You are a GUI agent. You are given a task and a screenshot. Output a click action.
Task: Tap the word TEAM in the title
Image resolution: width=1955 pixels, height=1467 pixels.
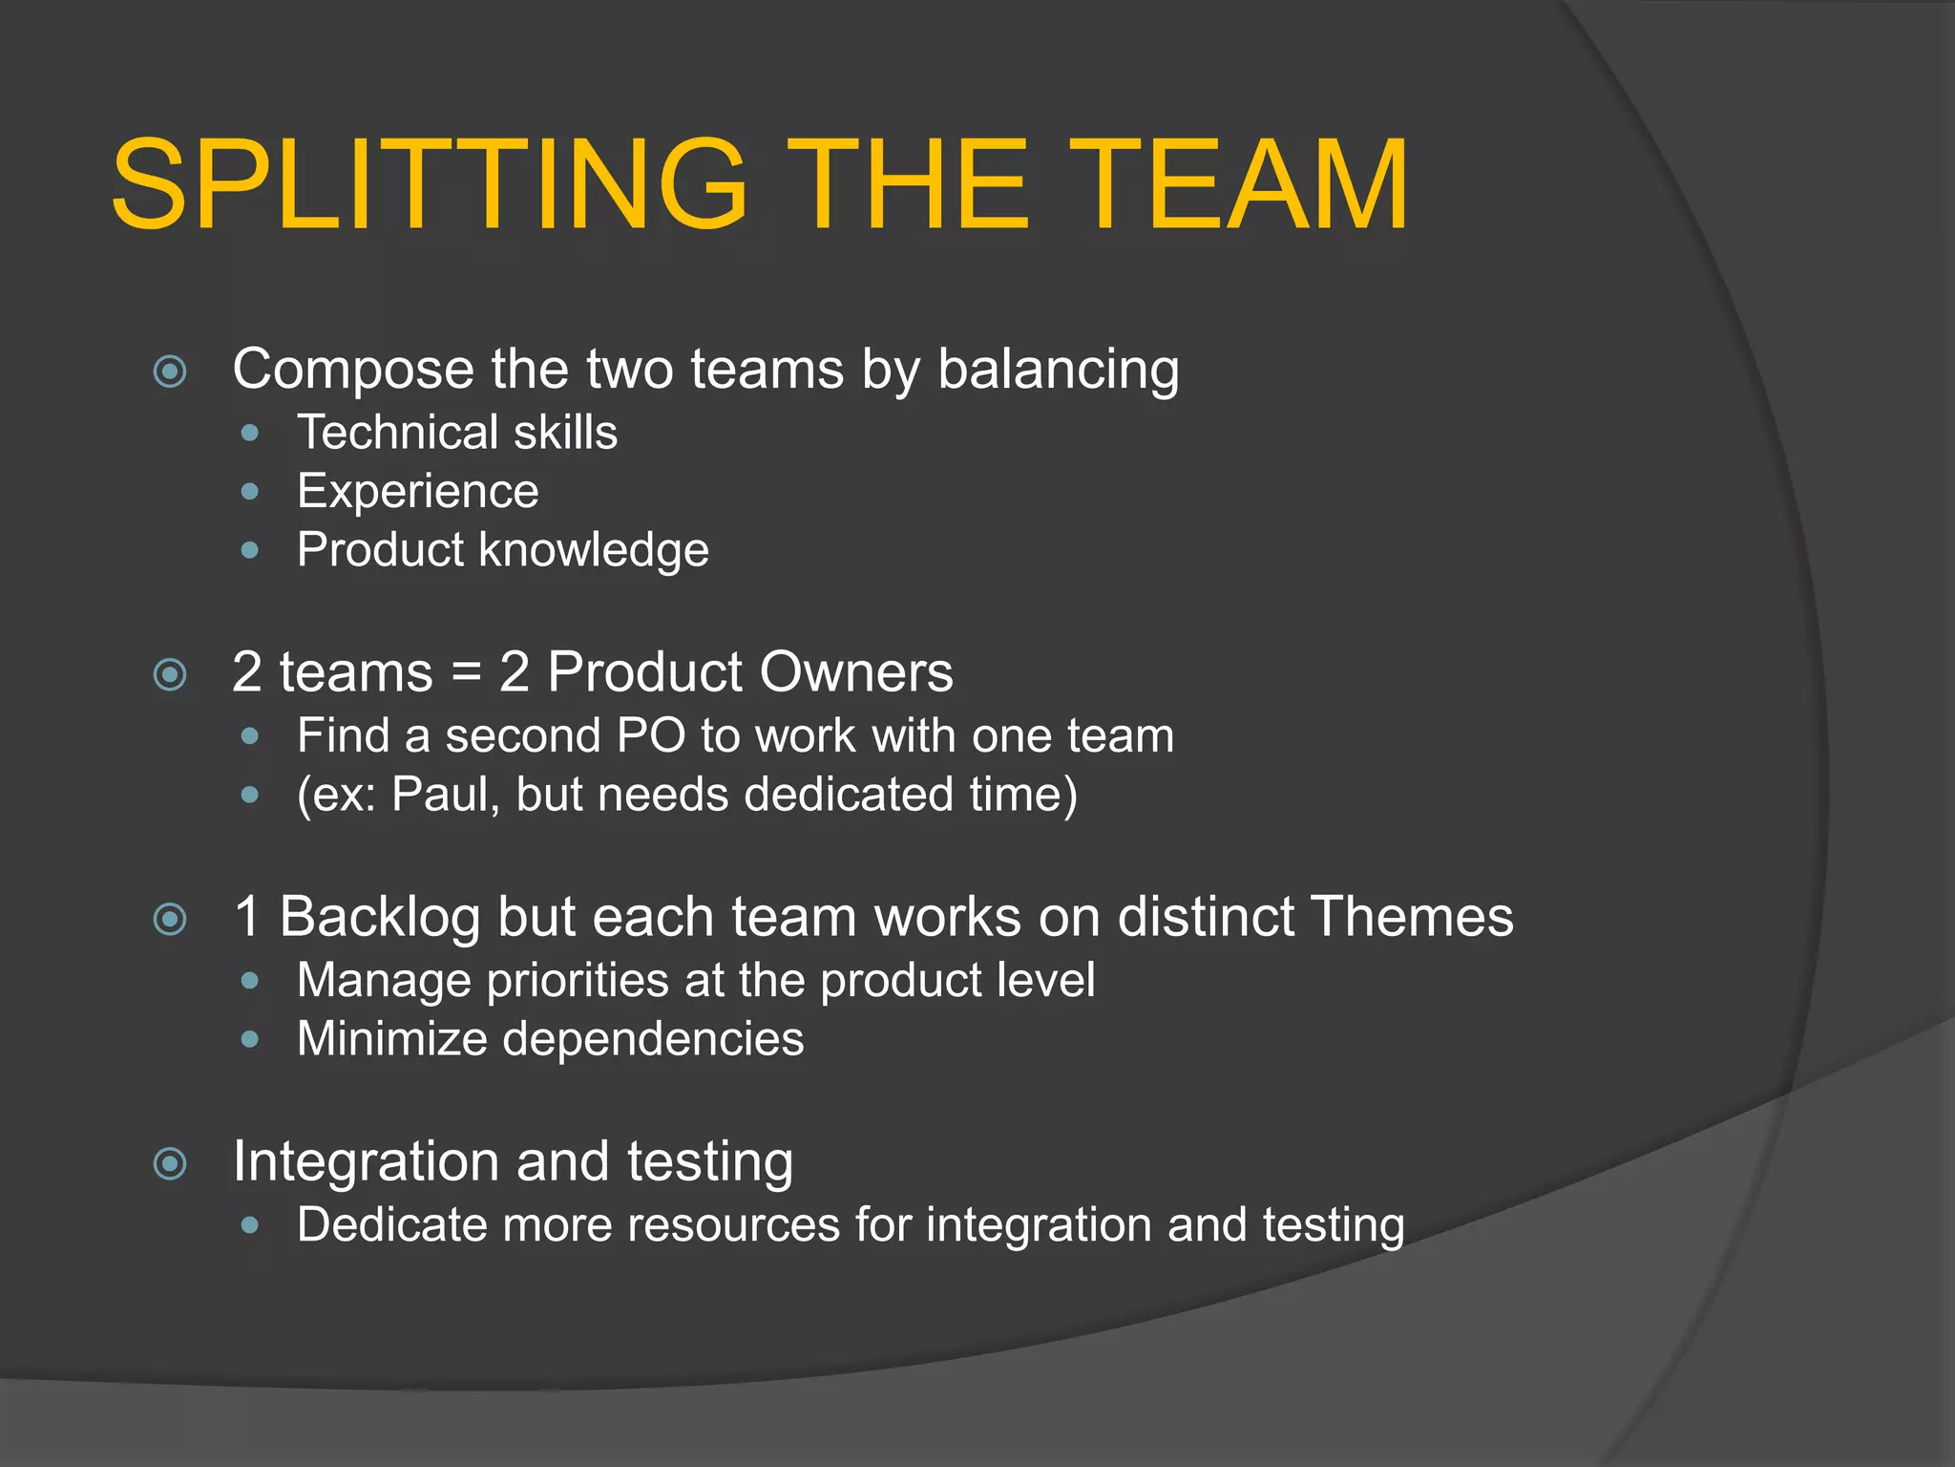pos(1243,184)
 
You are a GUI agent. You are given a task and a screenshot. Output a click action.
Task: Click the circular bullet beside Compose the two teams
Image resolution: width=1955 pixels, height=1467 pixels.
pos(170,371)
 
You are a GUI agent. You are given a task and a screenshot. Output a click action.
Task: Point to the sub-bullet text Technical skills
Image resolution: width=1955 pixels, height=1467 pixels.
pos(457,433)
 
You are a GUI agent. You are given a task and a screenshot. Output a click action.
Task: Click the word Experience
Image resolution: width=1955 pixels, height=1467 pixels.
pos(417,492)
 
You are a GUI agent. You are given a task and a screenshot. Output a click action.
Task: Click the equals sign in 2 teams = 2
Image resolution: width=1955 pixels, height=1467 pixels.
pos(466,672)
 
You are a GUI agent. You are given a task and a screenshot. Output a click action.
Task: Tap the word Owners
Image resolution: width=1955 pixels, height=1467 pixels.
pos(856,672)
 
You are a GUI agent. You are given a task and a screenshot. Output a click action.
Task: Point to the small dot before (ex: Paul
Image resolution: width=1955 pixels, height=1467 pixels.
pos(250,795)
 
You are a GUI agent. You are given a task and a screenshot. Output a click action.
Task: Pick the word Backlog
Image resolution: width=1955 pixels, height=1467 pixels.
pos(379,917)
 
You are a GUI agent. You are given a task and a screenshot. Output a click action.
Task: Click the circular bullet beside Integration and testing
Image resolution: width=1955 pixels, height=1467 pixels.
pos(170,1163)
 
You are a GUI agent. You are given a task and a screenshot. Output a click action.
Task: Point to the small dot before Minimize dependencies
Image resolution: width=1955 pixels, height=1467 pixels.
pos(250,1039)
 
